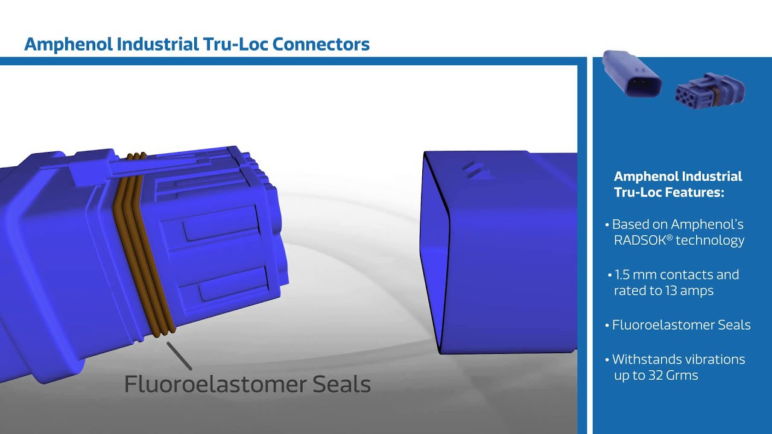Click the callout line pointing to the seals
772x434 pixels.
point(179,356)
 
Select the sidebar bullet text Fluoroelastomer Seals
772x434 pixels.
point(681,325)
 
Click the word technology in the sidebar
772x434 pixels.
point(710,241)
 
